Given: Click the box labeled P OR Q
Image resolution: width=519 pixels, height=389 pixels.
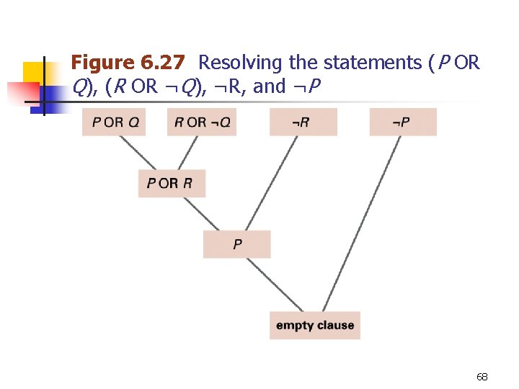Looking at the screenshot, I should coord(114,122).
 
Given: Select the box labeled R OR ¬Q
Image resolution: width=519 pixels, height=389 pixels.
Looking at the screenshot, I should coord(202,122).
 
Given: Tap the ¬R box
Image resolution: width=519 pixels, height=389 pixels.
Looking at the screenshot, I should coord(303,122).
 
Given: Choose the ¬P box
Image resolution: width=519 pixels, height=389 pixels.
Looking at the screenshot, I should coord(402,122).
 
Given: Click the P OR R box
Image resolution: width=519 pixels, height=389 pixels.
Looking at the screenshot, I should coord(172,183).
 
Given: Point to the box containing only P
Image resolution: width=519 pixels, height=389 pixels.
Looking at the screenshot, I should coord(236,244).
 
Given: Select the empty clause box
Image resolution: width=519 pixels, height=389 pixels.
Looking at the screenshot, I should coord(314,326).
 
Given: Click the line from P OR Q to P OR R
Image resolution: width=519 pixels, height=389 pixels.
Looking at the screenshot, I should coord(139,153).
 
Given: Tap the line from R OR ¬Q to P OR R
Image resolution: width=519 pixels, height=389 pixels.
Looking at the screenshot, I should coord(187,153).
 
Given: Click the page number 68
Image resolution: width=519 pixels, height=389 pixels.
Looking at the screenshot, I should coord(482,377).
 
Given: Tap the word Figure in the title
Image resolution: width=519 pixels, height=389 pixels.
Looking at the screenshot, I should coord(101,63).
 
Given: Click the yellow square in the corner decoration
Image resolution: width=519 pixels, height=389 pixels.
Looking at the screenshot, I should coord(35,72).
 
